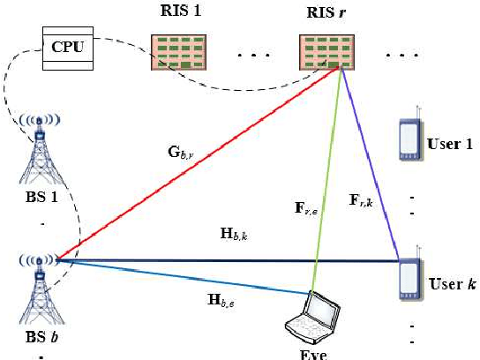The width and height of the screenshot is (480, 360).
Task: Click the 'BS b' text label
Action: [x=37, y=338]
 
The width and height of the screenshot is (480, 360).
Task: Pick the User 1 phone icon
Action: [x=408, y=137]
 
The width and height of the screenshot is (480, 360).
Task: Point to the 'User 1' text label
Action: [x=448, y=144]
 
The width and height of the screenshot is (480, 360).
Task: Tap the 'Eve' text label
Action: [x=313, y=353]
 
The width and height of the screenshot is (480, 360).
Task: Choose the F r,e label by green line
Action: [x=304, y=209]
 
